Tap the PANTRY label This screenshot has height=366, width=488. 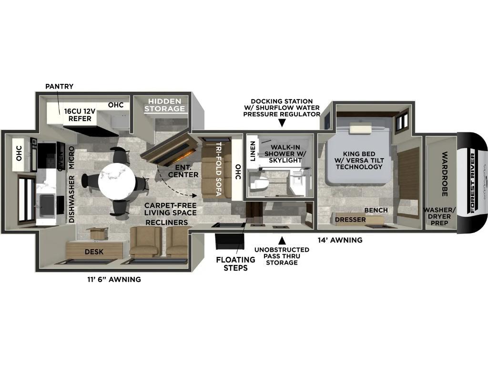tap(59, 86)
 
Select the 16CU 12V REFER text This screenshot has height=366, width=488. tap(80, 115)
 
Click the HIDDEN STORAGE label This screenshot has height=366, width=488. tap(165, 105)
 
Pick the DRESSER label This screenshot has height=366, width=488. tap(350, 220)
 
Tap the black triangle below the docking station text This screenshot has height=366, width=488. tap(282, 123)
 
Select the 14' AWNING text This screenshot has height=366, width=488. tap(340, 240)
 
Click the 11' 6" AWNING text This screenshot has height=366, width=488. tap(111, 279)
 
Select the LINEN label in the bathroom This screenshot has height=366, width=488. tap(253, 151)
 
